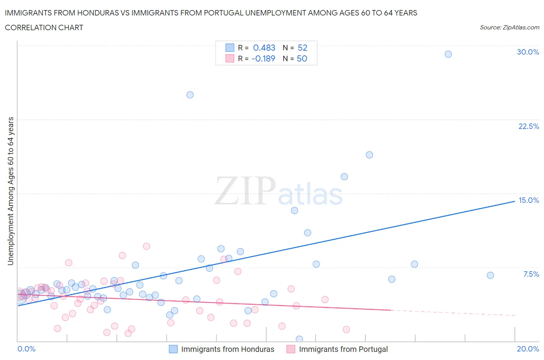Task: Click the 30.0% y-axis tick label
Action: click(528, 52)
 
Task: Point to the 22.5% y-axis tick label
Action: click(529, 126)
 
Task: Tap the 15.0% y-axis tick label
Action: click(529, 200)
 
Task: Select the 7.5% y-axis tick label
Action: click(531, 274)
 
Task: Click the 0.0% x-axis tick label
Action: click(26, 349)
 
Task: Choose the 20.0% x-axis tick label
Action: click(528, 349)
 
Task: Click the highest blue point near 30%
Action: click(448, 54)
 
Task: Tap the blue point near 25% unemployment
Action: click(190, 95)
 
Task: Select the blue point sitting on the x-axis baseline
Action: click(299, 339)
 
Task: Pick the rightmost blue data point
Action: click(490, 275)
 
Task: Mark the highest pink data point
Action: click(146, 246)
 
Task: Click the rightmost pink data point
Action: click(346, 329)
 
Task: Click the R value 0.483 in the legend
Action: click(264, 48)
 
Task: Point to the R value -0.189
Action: click(263, 58)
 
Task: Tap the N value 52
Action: click(302, 48)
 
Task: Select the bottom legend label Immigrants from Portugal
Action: click(343, 349)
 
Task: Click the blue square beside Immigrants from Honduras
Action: click(173, 349)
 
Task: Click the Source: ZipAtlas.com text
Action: click(509, 27)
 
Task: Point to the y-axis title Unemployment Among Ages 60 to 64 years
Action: click(10, 191)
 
